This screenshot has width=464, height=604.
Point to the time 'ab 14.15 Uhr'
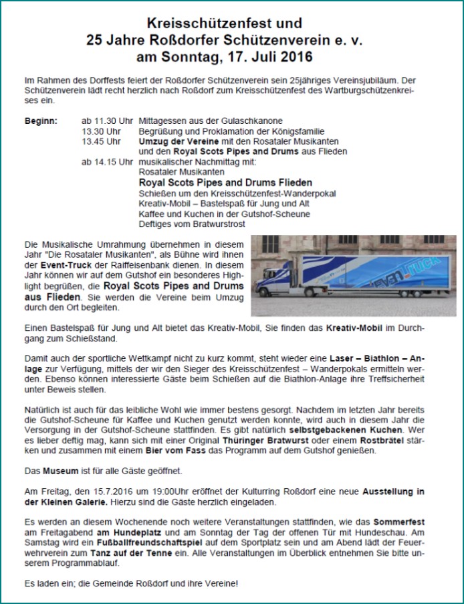pyautogui.click(x=107, y=161)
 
